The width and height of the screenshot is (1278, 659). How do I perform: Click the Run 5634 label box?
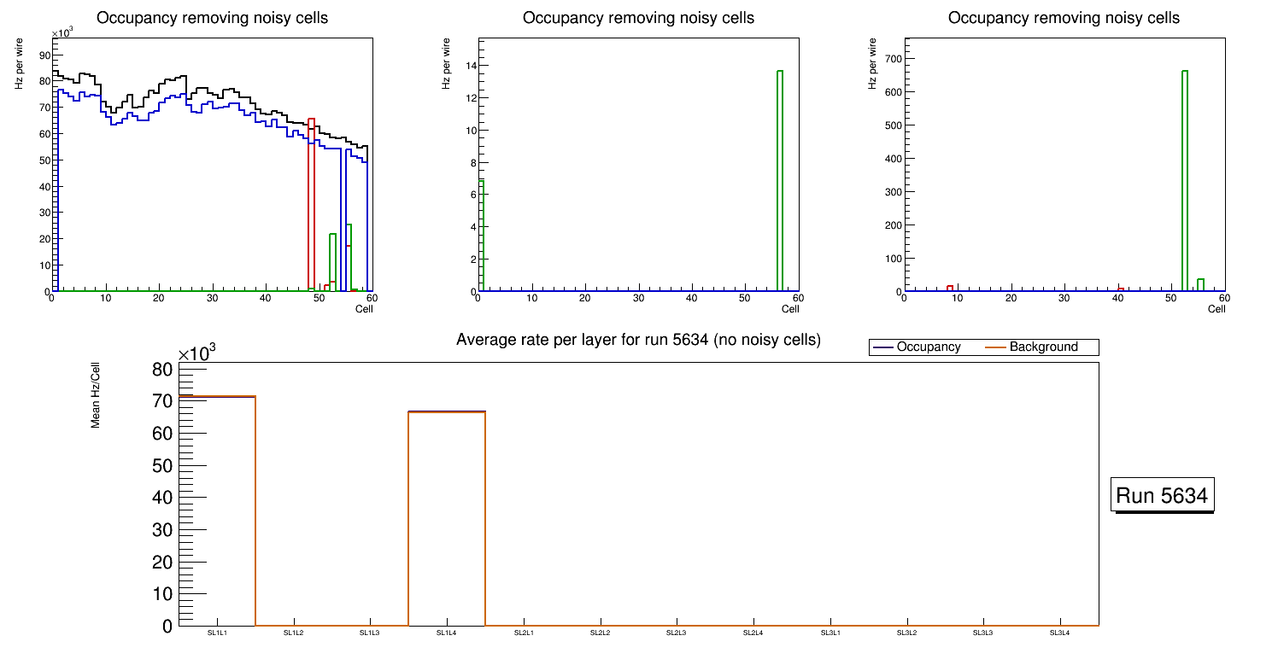(x=1163, y=495)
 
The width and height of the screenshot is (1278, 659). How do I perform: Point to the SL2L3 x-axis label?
(x=677, y=633)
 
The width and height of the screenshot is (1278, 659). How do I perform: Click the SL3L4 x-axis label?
(x=1059, y=633)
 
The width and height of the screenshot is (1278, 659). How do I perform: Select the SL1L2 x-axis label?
(x=294, y=633)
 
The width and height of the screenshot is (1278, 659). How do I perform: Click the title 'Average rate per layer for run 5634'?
(x=638, y=340)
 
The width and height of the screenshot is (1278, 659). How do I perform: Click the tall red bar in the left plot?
(x=311, y=205)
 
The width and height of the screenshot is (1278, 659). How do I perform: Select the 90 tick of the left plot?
(x=44, y=55)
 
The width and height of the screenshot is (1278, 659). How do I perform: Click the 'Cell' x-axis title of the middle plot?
(x=790, y=309)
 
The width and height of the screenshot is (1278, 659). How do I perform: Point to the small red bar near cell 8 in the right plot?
(x=949, y=289)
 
